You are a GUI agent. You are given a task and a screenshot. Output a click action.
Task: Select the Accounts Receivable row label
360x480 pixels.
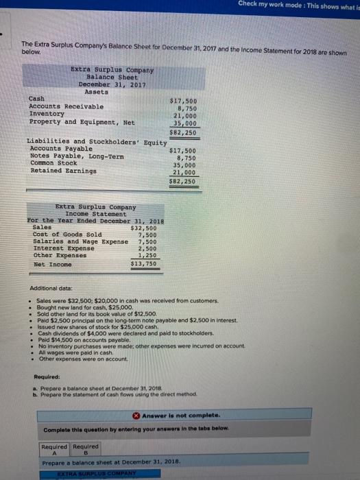[67, 107]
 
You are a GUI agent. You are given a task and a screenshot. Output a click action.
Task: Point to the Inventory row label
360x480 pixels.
[49, 115]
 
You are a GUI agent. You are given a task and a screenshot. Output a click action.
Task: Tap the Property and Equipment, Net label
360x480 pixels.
[82, 122]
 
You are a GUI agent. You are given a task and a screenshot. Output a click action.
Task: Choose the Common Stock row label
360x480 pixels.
[53, 165]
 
